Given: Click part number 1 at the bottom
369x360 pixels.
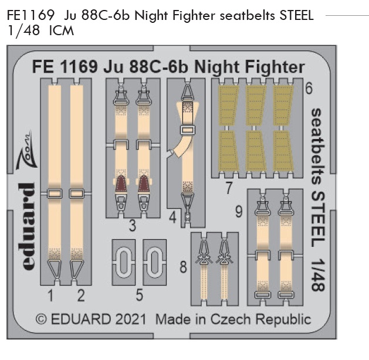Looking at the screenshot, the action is click(50, 296).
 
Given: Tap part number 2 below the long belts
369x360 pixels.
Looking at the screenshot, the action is click(81, 296).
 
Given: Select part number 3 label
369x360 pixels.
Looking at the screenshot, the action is click(133, 226).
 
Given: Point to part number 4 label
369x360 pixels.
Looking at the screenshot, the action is click(172, 218).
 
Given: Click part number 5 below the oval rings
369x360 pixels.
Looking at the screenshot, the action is click(139, 295).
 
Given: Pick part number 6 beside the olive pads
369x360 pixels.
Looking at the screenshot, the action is click(309, 89).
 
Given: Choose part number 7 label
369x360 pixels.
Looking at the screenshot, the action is click(229, 188).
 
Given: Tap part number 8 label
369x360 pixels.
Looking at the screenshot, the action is click(183, 267).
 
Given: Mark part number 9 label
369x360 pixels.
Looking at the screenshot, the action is click(239, 212).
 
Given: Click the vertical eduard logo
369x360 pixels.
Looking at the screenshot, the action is click(26, 226).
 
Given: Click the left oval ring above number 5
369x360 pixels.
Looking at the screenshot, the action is click(124, 261).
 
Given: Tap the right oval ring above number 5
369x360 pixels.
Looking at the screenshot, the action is click(154, 261).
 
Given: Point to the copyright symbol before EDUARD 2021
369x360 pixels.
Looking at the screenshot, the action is click(41, 320).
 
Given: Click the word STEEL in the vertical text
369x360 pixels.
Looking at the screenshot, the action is click(318, 219).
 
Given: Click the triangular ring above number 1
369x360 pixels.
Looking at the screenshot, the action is click(55, 269).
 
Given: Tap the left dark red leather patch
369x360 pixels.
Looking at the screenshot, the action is click(121, 184).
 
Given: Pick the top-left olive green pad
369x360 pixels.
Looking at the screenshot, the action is click(229, 106).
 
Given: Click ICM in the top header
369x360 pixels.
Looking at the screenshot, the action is click(61, 31).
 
